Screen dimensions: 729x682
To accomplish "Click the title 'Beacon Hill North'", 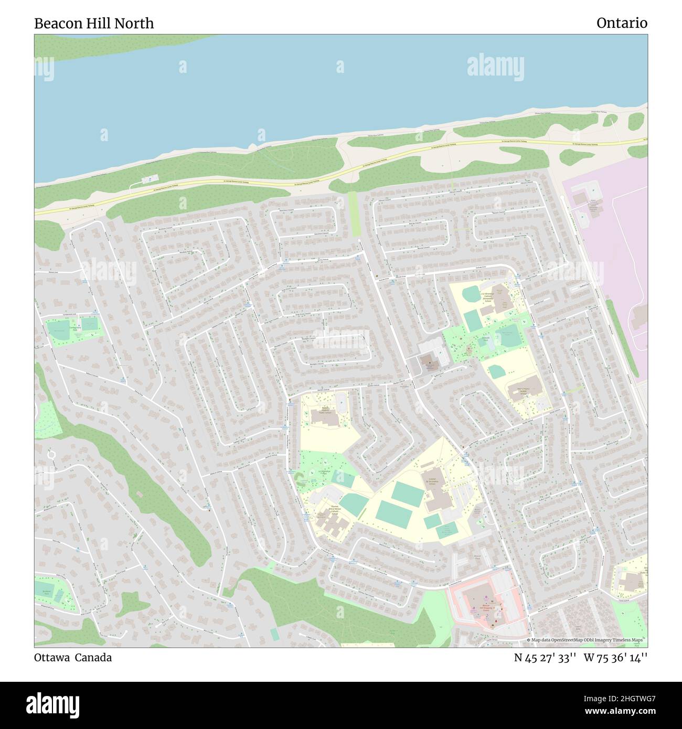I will point(94,23).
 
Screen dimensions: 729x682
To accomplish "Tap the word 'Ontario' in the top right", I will point(622,23).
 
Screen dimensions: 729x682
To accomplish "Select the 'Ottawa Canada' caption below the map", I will point(73,657).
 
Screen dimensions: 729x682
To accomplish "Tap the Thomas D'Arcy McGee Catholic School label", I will point(334,509).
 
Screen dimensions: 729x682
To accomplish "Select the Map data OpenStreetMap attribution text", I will point(587,640).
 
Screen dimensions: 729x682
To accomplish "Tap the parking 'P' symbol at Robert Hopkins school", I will point(343,397).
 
